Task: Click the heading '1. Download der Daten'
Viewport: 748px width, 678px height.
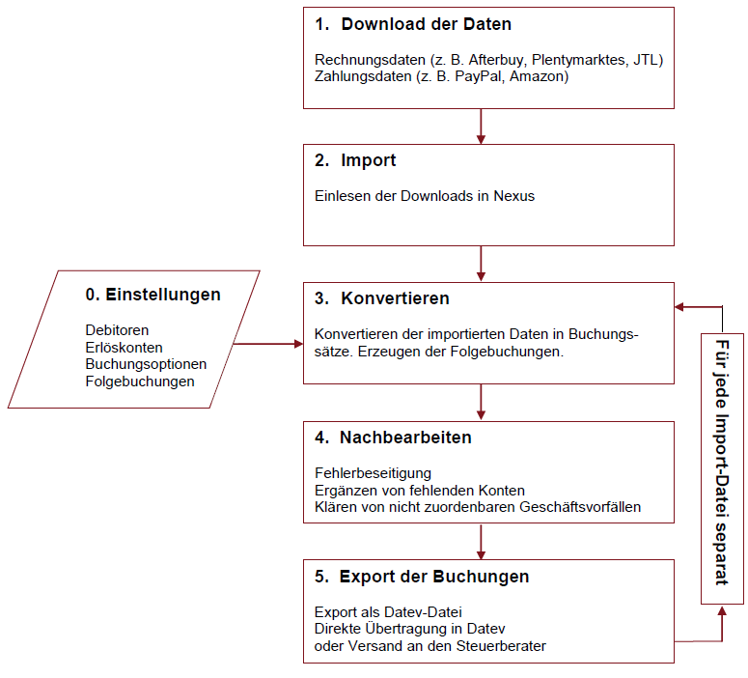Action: pos(413,24)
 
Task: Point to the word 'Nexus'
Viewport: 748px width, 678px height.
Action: pos(514,196)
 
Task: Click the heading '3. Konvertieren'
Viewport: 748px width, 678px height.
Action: pos(382,298)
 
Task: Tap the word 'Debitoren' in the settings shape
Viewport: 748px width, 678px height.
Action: pos(117,331)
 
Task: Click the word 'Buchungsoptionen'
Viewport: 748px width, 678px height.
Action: pos(146,364)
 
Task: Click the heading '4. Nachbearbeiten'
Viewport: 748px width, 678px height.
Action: pos(393,438)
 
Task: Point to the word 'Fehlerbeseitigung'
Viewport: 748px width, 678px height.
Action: pos(373,473)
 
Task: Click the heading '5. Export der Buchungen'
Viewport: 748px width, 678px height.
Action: pos(422,577)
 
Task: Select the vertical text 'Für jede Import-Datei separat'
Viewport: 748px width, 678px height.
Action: pos(722,463)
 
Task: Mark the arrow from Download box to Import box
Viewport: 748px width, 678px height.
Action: pos(481,126)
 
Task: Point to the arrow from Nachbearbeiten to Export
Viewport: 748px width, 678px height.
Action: pos(481,542)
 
